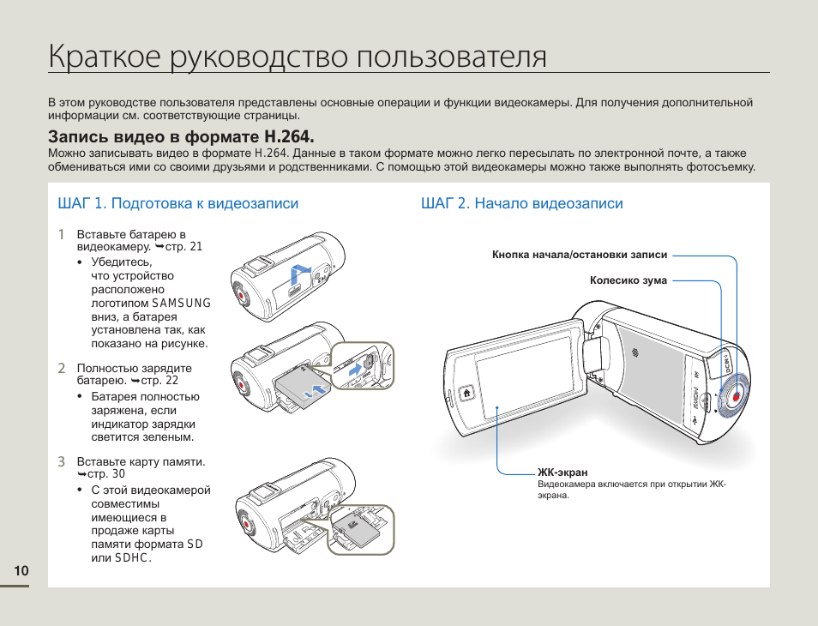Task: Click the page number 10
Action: [x=21, y=571]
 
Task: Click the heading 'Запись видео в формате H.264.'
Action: [x=181, y=136]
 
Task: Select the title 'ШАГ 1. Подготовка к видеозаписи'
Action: [x=177, y=203]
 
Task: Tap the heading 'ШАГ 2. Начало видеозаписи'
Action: [x=521, y=203]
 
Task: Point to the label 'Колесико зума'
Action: [x=629, y=280]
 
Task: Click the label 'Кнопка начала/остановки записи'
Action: [x=580, y=255]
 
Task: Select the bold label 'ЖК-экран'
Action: [x=562, y=473]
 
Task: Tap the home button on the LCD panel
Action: [x=466, y=394]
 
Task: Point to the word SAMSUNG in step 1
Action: [x=181, y=303]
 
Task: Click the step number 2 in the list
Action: [x=62, y=368]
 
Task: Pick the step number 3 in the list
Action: [x=62, y=461]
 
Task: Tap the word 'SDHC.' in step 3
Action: [x=133, y=557]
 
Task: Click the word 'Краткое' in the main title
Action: [x=105, y=57]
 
